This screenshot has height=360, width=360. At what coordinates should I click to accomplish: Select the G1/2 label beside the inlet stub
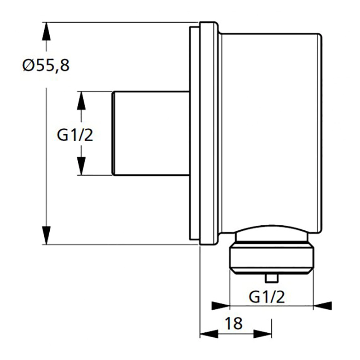[75, 136]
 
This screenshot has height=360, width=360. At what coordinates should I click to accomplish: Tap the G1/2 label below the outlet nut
[267, 297]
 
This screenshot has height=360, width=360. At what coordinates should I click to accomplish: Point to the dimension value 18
[235, 323]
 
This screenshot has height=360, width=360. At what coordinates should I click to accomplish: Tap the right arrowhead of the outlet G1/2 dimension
[323, 306]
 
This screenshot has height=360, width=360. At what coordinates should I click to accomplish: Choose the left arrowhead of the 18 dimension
[209, 334]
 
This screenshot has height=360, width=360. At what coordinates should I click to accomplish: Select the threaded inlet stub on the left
[151, 133]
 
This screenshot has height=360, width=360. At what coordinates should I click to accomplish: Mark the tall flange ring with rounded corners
[208, 133]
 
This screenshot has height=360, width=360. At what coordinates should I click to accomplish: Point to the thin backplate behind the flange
[194, 133]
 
